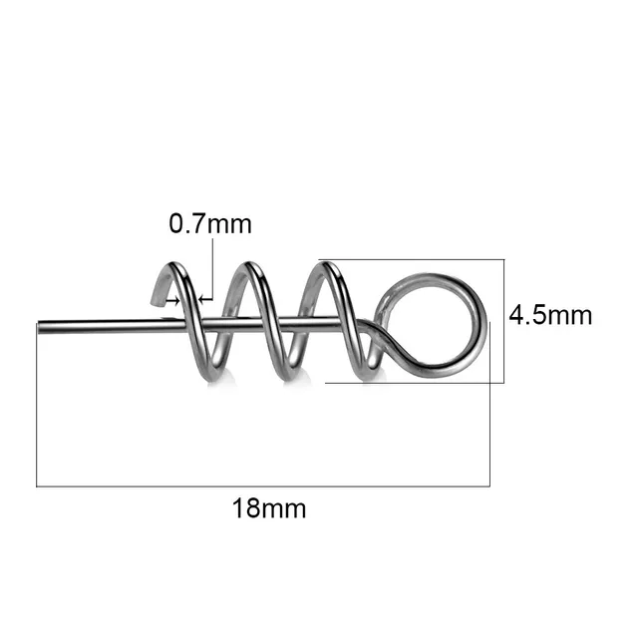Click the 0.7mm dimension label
(x=210, y=224)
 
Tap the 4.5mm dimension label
(x=550, y=316)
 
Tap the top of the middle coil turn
(x=248, y=265)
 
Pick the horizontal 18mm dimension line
(x=264, y=486)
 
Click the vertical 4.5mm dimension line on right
(x=504, y=319)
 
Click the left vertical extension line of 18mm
(x=37, y=409)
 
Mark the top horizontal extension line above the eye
(x=419, y=260)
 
